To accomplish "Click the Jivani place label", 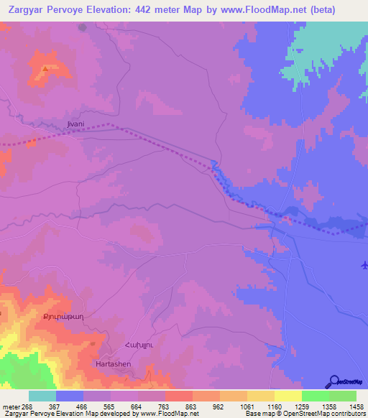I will (75, 124).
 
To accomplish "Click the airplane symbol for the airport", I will (363, 266).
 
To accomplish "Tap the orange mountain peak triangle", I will (45, 69).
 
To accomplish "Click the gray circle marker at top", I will (82, 28).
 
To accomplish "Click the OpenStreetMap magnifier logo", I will (333, 381).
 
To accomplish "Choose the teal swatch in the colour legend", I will (42, 396).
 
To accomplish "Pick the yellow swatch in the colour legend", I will (287, 396).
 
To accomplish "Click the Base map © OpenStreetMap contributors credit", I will (305, 414).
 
